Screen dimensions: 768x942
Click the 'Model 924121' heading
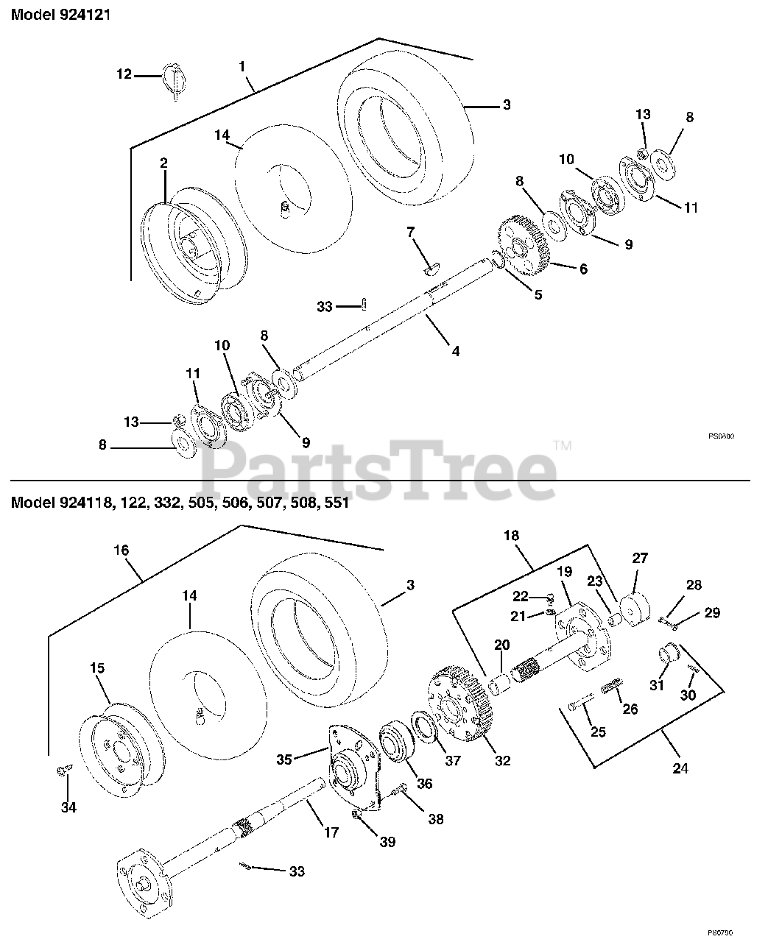[x=60, y=15]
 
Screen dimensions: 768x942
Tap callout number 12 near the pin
[x=124, y=74]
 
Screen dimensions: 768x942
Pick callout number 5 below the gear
[x=538, y=294]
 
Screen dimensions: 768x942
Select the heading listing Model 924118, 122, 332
[x=180, y=503]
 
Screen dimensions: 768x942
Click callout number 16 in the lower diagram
[x=121, y=550]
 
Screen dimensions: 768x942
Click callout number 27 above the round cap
[x=640, y=558]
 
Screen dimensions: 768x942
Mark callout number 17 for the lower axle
[x=331, y=832]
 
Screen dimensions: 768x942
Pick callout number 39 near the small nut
[x=387, y=841]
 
